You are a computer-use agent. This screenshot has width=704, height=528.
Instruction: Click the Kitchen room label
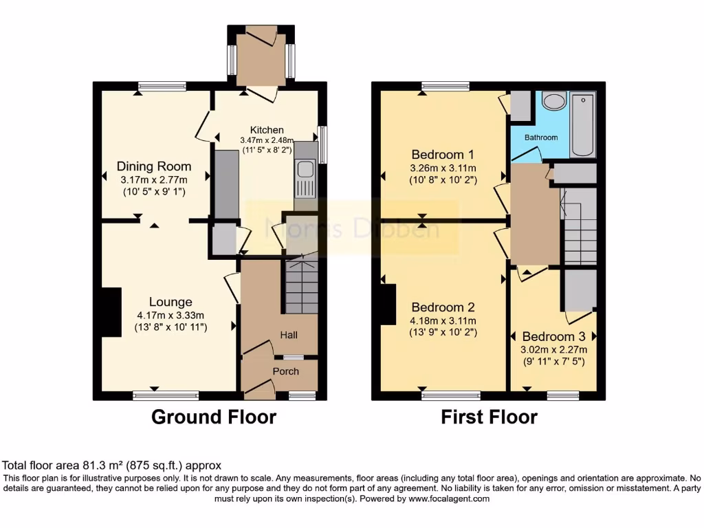click(x=267, y=130)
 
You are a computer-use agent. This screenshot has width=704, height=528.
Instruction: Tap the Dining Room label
click(x=154, y=166)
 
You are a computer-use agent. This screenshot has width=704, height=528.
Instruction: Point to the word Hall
click(x=288, y=335)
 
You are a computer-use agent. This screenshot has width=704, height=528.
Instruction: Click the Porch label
click(x=286, y=371)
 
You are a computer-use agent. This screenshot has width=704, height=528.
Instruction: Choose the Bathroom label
click(x=541, y=137)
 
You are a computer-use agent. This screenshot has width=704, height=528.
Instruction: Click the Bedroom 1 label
click(x=443, y=154)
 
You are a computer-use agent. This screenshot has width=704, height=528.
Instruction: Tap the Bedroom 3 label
click(x=553, y=337)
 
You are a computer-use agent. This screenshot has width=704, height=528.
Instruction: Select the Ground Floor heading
click(x=213, y=417)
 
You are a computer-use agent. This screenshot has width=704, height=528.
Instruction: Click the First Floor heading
click(x=489, y=417)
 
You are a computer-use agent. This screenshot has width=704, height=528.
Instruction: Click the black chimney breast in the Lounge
click(x=110, y=312)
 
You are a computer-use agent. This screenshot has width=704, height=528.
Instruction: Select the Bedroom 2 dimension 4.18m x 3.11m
click(x=443, y=320)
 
